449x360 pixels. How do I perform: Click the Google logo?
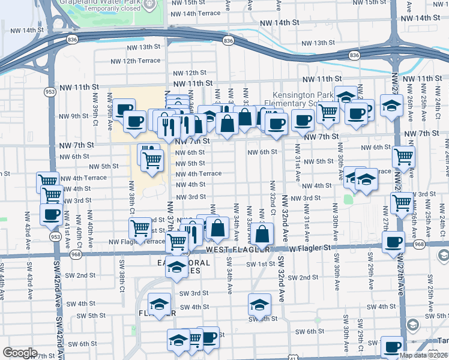pos(20,353)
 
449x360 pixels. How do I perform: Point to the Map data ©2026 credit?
pos(423,355)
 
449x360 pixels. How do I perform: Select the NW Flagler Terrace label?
pos(136,242)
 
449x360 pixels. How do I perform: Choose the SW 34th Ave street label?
pos(229,276)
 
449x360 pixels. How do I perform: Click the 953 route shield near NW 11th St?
pos(49,92)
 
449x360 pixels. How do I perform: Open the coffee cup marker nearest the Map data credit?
pos(393,347)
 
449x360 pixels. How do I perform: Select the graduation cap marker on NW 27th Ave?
pos(391,106)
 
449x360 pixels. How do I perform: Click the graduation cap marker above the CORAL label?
pos(176,268)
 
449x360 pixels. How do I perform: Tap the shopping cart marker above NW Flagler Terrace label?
pos(140,227)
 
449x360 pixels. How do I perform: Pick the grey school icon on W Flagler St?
pos(443,256)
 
